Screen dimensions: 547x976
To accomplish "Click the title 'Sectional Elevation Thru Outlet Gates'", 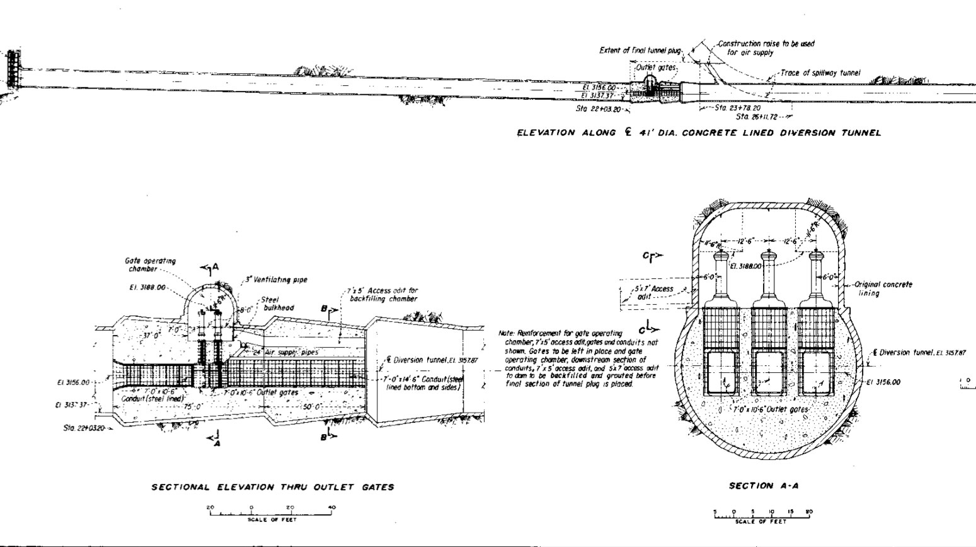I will [273, 487].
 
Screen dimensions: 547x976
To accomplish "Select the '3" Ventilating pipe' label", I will [276, 279].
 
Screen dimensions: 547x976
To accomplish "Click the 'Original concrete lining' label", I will [883, 289].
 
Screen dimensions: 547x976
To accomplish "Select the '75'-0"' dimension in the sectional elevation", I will [189, 407].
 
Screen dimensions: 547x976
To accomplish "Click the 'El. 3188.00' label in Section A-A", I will [746, 267].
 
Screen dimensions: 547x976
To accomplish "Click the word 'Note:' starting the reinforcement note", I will [507, 333].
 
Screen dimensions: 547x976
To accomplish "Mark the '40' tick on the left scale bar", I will [331, 507].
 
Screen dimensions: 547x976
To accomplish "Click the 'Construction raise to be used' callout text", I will [766, 44].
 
